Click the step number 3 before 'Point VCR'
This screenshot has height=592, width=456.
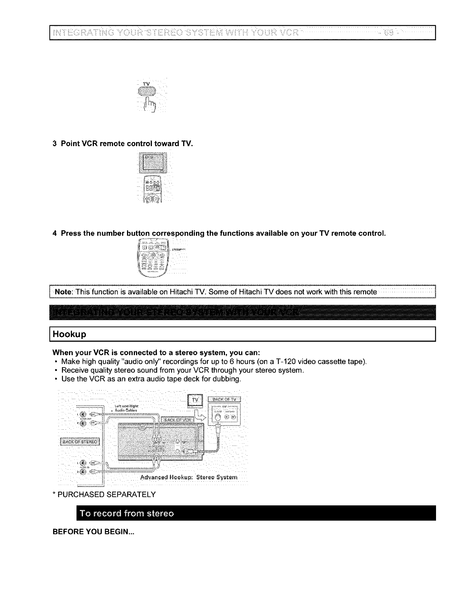(x=55, y=143)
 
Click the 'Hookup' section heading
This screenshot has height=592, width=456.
(x=70, y=334)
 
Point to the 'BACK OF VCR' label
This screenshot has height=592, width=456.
(x=177, y=420)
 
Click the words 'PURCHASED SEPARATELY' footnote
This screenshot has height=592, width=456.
(x=107, y=494)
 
